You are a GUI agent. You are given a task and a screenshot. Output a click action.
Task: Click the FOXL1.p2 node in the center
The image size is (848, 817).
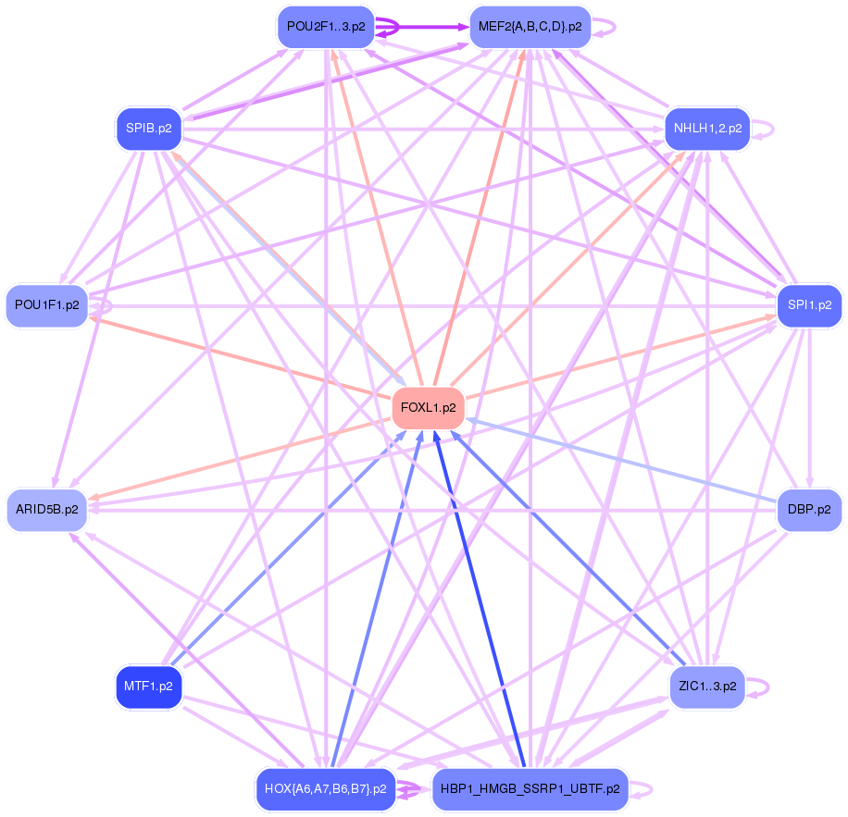[428, 407]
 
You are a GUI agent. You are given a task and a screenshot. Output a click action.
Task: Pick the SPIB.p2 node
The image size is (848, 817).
[148, 129]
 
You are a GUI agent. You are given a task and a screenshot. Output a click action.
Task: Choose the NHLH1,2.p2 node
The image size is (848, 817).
[708, 129]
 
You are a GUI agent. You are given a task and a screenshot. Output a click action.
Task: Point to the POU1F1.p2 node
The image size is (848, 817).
[47, 304]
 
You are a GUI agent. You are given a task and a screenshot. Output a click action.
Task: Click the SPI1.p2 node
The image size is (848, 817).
[809, 304]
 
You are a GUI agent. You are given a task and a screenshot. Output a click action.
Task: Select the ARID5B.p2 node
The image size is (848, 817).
[47, 509]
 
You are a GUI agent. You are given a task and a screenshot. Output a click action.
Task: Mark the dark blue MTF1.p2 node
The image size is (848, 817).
[148, 687]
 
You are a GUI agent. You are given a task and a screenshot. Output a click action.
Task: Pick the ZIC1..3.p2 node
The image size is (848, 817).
[707, 687]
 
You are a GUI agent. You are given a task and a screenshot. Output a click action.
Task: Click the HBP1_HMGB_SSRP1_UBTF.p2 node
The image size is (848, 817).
[530, 789]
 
